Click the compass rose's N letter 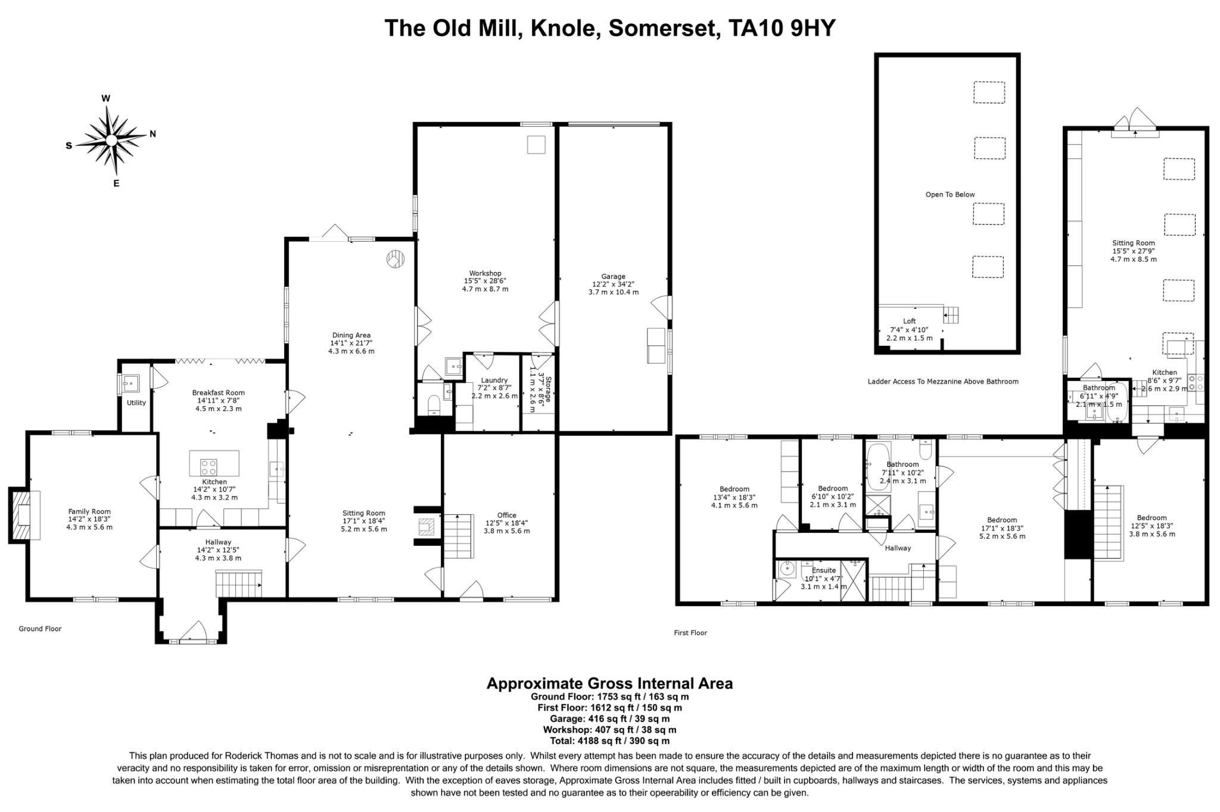(x=152, y=134)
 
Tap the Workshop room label (x=485, y=273)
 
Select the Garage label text (x=613, y=276)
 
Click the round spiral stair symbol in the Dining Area (x=396, y=260)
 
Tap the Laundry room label (x=494, y=380)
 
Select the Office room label (x=506, y=516)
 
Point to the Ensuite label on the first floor (x=823, y=570)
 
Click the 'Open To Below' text (x=950, y=195)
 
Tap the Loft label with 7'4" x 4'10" (x=909, y=321)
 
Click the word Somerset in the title (x=663, y=28)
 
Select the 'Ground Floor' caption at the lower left (x=40, y=629)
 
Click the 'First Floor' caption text (x=690, y=633)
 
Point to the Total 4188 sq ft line (x=609, y=741)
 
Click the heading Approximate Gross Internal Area (x=609, y=683)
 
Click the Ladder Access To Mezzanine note (x=942, y=382)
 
